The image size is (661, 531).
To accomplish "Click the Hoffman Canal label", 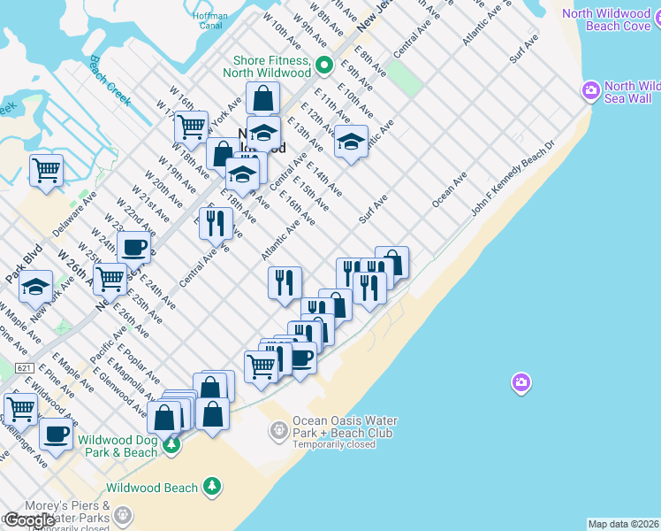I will click(211, 20).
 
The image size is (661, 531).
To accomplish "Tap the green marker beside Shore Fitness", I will click(324, 65).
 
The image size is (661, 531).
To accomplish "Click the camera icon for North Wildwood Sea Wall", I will click(591, 90).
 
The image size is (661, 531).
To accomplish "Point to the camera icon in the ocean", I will click(521, 382).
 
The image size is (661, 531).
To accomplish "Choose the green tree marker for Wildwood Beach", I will click(211, 487).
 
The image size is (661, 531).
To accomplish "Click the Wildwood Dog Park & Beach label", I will click(118, 445).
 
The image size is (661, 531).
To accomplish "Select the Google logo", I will click(29, 520).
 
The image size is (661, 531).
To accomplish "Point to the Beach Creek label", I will click(110, 81).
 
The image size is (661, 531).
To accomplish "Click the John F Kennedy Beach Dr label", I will click(512, 179).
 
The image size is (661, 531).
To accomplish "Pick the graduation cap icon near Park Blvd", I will click(36, 286).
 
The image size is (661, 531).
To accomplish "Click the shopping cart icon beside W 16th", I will click(191, 127).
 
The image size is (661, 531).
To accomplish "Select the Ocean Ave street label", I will click(448, 191).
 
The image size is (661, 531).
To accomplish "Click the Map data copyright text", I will click(624, 524).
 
